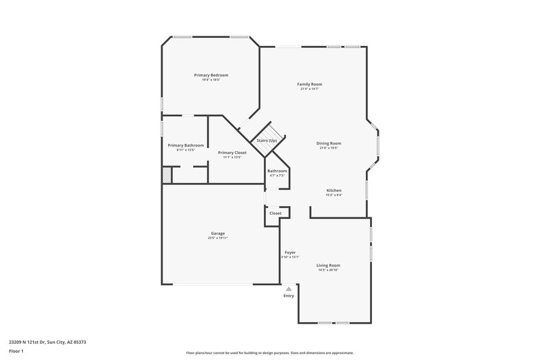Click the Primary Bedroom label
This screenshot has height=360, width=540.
tap(211, 74)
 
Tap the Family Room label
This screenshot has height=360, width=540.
tap(310, 84)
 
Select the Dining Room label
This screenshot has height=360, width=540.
tap(329, 143)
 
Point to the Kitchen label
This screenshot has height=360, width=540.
tap(334, 190)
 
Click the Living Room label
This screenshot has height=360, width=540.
tap(328, 265)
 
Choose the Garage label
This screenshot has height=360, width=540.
tap(217, 234)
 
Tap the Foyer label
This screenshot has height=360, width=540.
tap(290, 252)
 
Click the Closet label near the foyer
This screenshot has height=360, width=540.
tap(275, 213)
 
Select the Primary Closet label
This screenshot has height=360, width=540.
tap(232, 153)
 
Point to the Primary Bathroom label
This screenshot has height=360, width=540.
tap(186, 145)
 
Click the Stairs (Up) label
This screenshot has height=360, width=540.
tap(267, 140)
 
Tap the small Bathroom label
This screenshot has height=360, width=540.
tap(277, 171)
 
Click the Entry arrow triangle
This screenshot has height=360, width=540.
tap(289, 288)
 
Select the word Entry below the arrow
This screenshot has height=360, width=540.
tap(289, 296)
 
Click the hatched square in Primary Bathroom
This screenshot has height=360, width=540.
tap(167, 175)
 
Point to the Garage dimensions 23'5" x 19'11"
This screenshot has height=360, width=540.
tap(217, 238)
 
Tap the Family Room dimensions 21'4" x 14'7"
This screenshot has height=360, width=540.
tap(310, 88)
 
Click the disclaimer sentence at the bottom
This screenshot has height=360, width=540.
tap(269, 353)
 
